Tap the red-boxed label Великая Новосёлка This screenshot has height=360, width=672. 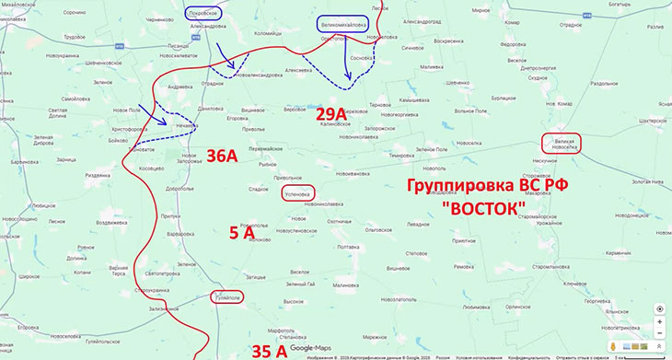[562, 144]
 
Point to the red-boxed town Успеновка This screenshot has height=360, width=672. [297, 193]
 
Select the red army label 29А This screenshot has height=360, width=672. [330, 114]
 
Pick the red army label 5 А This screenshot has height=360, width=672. [242, 234]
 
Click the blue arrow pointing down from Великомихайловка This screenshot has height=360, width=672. [348, 60]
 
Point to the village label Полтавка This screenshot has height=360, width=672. [349, 247]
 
